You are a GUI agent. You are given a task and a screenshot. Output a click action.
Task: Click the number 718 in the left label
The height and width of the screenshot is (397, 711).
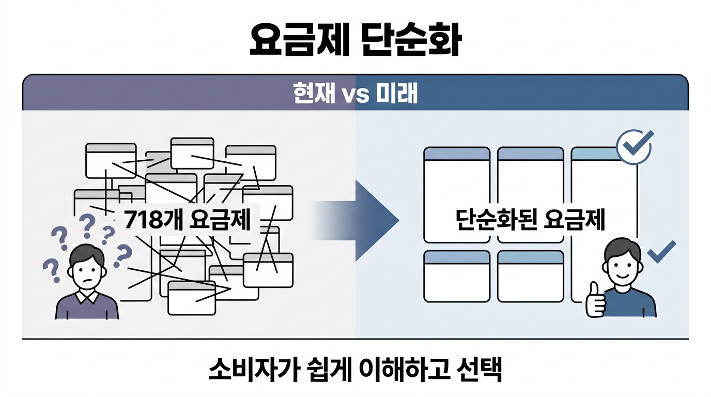(x=143, y=221)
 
